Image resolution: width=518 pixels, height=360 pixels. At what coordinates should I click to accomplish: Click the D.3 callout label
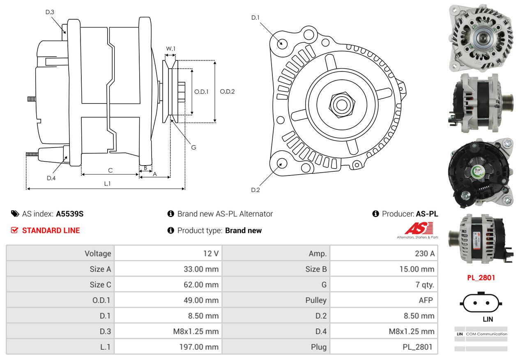(50, 12)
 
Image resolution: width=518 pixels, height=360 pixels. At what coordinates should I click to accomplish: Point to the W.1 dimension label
(170, 48)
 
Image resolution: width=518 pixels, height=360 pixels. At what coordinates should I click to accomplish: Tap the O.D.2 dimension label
(227, 92)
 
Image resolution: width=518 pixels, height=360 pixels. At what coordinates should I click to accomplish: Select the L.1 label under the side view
(107, 184)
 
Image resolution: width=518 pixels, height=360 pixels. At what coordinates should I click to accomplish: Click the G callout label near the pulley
(193, 148)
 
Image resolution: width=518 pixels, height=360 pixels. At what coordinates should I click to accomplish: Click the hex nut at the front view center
(341, 105)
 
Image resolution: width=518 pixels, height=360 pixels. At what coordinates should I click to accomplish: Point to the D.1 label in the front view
(255, 18)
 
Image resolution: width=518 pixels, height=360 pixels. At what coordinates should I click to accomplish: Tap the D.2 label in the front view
(255, 190)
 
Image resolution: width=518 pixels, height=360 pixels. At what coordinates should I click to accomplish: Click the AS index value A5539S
(69, 214)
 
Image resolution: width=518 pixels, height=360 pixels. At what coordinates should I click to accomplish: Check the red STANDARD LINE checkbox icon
(14, 230)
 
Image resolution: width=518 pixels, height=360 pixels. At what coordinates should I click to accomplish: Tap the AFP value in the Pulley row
(426, 300)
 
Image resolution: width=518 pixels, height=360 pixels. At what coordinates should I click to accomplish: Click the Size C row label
(100, 284)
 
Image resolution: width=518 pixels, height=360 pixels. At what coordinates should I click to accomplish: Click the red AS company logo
(419, 228)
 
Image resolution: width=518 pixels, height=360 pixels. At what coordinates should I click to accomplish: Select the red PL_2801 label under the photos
(481, 278)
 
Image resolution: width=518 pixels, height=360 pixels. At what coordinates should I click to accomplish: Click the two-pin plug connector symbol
(481, 302)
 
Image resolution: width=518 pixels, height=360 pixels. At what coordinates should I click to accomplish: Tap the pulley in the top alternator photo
(482, 38)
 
